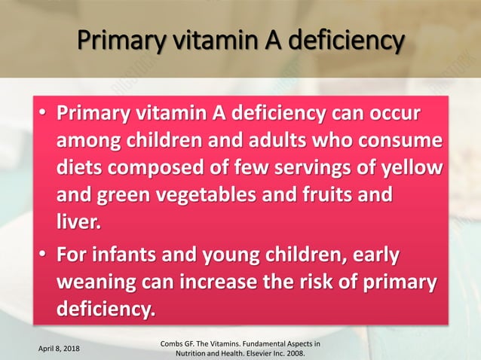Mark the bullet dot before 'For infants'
pyautogui.click(x=44, y=255)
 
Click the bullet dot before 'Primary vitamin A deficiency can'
pyautogui.click(x=44, y=114)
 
